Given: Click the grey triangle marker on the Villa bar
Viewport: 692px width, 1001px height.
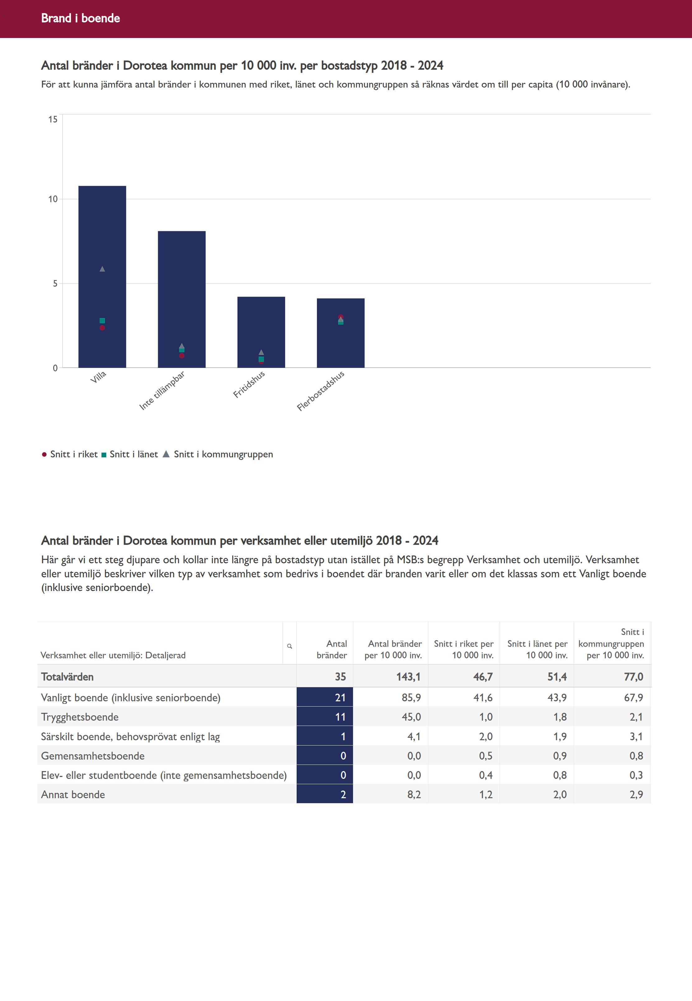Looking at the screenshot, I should click(x=102, y=269).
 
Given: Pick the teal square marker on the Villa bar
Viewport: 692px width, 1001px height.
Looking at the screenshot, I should click(x=102, y=321).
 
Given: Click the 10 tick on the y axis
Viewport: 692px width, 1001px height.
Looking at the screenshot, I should click(x=53, y=199).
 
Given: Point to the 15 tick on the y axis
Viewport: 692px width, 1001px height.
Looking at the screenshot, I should click(x=53, y=119).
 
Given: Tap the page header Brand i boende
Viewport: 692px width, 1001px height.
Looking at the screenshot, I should click(x=81, y=18).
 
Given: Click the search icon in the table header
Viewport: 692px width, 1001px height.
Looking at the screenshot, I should click(x=290, y=646).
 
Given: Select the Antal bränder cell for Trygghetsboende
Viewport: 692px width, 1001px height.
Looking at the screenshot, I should click(x=325, y=717).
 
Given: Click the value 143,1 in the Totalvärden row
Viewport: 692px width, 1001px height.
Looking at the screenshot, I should click(x=408, y=677).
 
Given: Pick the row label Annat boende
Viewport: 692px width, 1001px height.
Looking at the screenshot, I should click(x=73, y=794).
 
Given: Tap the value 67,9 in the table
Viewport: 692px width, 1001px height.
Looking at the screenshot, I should click(x=633, y=698).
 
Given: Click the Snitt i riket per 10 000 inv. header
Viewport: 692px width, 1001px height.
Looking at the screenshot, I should click(x=464, y=649).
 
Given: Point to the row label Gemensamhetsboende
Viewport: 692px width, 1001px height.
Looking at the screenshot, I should click(x=93, y=756).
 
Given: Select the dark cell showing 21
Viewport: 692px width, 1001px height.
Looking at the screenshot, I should click(x=325, y=698).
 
